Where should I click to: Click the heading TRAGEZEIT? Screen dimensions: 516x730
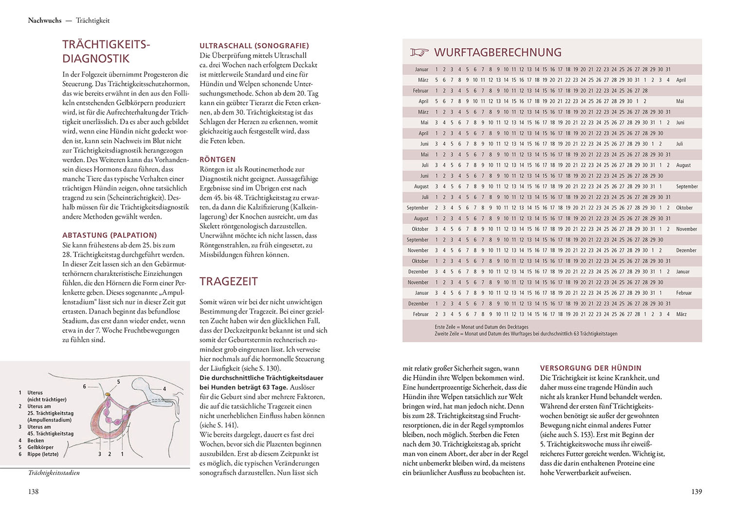(x=229, y=282)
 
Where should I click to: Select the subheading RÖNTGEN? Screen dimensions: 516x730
(x=218, y=159)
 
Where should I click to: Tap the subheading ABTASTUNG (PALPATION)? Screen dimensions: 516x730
(x=109, y=235)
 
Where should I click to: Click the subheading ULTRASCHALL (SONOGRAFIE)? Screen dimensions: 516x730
(x=254, y=46)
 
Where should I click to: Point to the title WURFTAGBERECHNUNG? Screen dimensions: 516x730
(x=497, y=53)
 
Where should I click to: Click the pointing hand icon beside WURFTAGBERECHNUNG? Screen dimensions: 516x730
(x=419, y=53)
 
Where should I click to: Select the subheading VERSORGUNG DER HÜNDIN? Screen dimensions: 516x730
(x=591, y=368)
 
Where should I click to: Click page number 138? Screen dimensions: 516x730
(x=33, y=492)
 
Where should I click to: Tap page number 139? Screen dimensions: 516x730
(x=696, y=492)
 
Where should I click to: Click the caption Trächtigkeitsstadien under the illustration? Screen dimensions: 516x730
(x=54, y=473)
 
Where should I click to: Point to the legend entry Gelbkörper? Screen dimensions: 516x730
(x=40, y=447)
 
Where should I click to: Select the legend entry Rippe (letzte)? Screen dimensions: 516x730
(x=43, y=454)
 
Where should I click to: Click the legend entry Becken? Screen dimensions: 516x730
(x=36, y=440)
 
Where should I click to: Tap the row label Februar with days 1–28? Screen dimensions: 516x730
(x=420, y=91)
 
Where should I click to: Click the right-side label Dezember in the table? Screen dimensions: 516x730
(x=686, y=250)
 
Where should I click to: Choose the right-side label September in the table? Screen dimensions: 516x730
(x=687, y=187)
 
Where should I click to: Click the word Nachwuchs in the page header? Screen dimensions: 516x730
(x=45, y=20)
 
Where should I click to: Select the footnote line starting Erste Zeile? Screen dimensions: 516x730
(x=481, y=327)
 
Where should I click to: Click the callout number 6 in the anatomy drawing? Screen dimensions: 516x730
(x=84, y=386)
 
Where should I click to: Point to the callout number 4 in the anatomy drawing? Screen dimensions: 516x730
(x=164, y=389)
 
